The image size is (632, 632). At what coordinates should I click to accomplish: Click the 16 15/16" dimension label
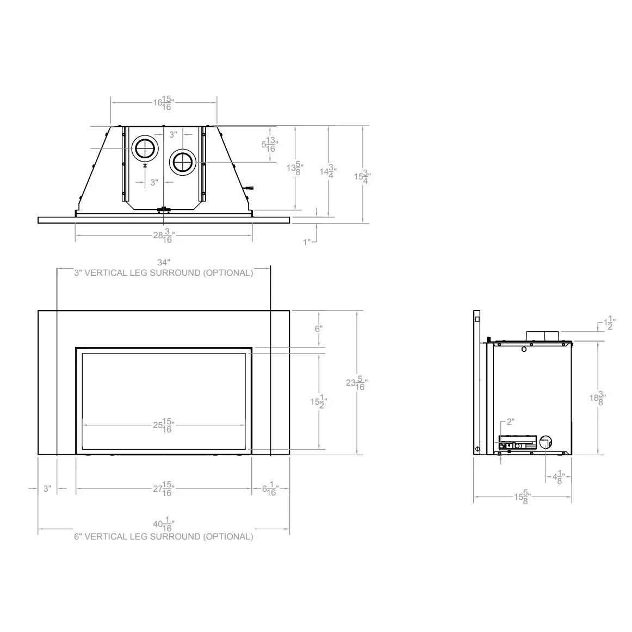click(163, 103)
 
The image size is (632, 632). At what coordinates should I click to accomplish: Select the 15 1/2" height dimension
click(318, 402)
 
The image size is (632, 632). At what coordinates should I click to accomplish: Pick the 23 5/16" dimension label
click(356, 383)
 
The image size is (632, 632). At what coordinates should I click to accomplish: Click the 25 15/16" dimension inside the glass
click(163, 425)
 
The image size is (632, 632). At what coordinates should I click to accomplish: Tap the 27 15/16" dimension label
click(163, 489)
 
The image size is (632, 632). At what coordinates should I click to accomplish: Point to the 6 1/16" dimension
click(270, 489)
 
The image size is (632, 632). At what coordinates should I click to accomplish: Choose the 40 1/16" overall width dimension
click(163, 526)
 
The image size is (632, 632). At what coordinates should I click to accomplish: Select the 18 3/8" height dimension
click(598, 398)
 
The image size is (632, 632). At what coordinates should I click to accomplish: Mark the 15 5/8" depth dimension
click(523, 497)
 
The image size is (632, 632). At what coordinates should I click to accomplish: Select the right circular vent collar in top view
click(183, 162)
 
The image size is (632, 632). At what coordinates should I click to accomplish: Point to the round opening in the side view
click(545, 442)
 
